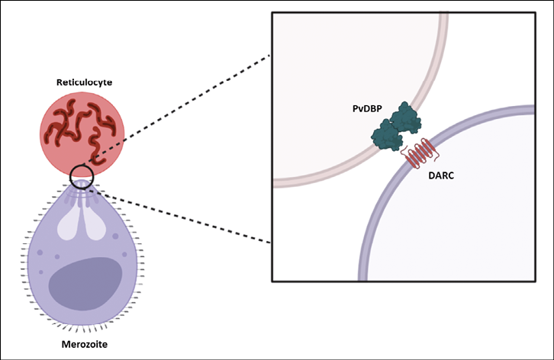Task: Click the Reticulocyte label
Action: click(x=85, y=82)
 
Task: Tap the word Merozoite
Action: click(x=85, y=344)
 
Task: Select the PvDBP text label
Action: click(x=367, y=108)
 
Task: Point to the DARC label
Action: click(x=441, y=175)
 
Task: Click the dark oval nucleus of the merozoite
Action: click(x=85, y=284)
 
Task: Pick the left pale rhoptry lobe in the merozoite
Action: click(x=69, y=226)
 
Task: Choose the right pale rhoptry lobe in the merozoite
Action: click(x=95, y=226)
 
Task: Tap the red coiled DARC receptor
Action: click(x=420, y=153)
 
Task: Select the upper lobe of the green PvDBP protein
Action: click(x=406, y=118)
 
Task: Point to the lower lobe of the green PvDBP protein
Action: click(x=387, y=136)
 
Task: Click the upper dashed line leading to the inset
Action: click(x=176, y=110)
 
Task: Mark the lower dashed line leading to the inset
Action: click(x=179, y=216)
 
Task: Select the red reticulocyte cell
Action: click(x=82, y=134)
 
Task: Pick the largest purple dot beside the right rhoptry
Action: click(x=115, y=236)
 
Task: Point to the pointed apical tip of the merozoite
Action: click(x=82, y=181)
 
